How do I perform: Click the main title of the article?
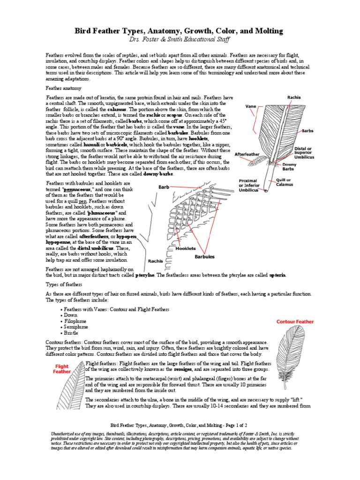(180, 31)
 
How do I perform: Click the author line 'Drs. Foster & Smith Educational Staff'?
(180, 40)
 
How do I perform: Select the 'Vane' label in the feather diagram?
(251, 106)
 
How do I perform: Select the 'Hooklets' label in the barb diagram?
(186, 248)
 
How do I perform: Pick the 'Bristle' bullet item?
(73, 332)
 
